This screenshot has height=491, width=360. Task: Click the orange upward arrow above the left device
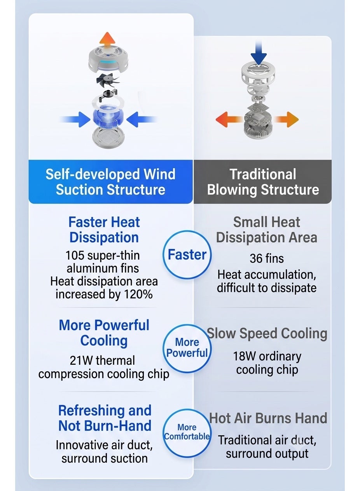click(107, 40)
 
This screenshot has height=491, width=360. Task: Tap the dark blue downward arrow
click(259, 52)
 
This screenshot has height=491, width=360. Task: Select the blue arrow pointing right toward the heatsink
click(76, 119)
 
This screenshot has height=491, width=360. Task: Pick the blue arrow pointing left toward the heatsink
click(142, 119)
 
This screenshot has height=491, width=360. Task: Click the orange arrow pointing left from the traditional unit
click(229, 119)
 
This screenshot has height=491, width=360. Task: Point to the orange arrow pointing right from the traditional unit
click(286, 119)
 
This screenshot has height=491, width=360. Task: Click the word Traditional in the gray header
click(262, 174)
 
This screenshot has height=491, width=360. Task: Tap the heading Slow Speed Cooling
click(267, 333)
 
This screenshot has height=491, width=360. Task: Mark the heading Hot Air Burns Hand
click(268, 418)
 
